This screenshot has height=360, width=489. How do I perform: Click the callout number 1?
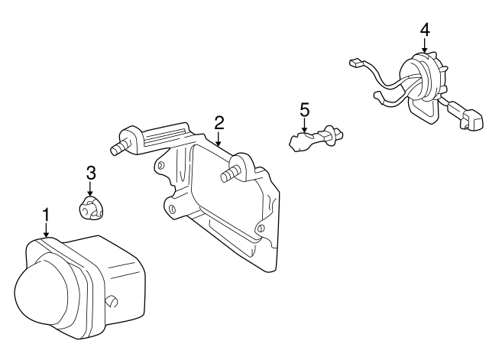coord(46,216)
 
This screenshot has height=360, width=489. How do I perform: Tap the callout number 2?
coord(219,123)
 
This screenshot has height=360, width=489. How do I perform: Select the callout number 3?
coord(91,174)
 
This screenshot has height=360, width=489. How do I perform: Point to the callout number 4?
coord(425,31)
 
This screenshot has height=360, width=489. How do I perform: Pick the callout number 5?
coord(304,110)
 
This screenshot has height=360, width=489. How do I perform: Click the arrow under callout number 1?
coord(46,230)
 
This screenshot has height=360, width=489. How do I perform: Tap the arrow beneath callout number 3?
coord(90,189)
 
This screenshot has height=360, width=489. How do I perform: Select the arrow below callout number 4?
coord(425,45)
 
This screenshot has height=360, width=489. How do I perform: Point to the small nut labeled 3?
coord(89,207)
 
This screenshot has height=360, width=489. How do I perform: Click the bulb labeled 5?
coord(316,138)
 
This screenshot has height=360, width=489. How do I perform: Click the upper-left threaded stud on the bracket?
coord(120,148)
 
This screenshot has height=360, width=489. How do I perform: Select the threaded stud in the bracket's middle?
coord(230,174)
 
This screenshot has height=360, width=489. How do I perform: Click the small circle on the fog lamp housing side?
coord(112,301)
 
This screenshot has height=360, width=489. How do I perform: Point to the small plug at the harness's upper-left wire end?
coord(356,63)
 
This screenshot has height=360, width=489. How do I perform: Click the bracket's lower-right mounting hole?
coord(261,228)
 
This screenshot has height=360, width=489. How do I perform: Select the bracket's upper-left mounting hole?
coord(161,165)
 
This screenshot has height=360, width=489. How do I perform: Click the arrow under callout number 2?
coord(219,139)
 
